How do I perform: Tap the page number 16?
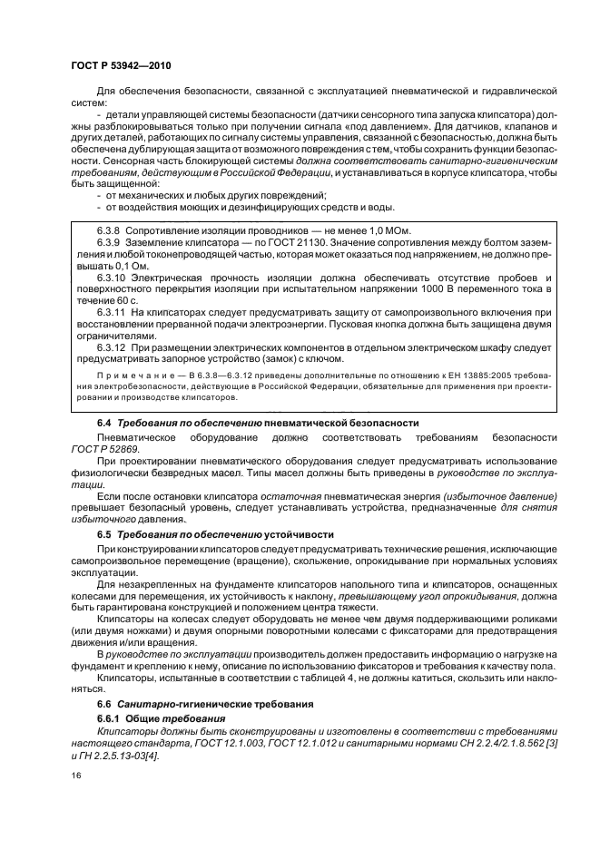pyautogui.click(x=76, y=776)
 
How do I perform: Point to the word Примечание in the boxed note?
pyautogui.click(x=130, y=375)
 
